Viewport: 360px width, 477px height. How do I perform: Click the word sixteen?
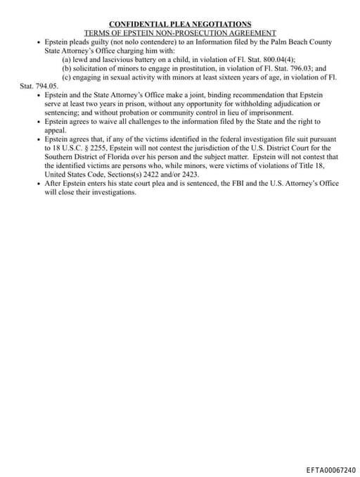[x=214, y=77]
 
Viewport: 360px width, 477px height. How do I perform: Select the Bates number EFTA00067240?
[x=330, y=469]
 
